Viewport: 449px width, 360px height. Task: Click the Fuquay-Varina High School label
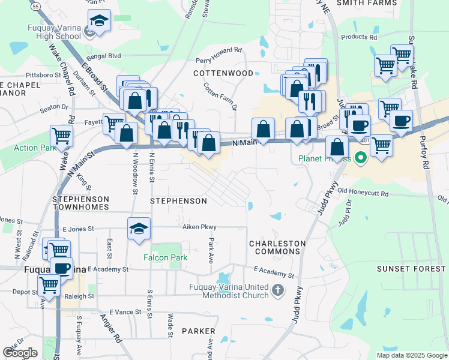[x=54, y=32]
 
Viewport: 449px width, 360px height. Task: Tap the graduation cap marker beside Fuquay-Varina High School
[x=98, y=22]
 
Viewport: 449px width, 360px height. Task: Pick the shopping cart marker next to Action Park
[x=62, y=136]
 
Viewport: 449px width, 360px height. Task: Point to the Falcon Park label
[x=165, y=257]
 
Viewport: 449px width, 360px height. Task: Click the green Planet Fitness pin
[x=360, y=159]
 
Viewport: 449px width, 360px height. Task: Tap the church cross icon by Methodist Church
[x=278, y=291]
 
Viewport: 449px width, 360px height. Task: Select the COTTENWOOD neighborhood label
[x=223, y=73]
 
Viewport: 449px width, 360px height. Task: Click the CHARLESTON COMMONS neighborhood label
[x=277, y=248]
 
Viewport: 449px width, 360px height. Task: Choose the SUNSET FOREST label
[x=411, y=269]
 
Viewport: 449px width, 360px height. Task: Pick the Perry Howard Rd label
[x=218, y=60]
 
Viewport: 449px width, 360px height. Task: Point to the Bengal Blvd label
[x=105, y=56]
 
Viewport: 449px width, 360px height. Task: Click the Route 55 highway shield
[x=35, y=5]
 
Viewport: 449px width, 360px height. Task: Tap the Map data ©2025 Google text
[x=411, y=355]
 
